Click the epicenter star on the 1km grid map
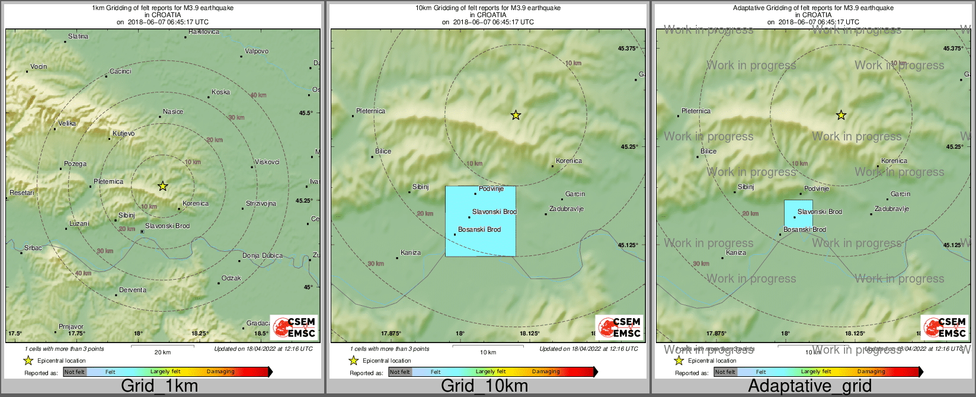click(x=163, y=186)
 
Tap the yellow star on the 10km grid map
click(x=516, y=115)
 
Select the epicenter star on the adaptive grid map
click(x=841, y=115)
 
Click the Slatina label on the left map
click(x=78, y=37)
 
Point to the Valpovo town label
click(x=257, y=52)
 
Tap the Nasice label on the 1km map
click(x=173, y=112)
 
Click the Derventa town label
click(x=133, y=290)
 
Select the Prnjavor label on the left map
click(x=71, y=326)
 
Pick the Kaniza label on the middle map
click(x=411, y=253)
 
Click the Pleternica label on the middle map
click(x=370, y=111)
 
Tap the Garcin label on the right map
click(x=900, y=194)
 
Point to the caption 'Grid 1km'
click(x=159, y=386)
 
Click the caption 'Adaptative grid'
click(x=809, y=386)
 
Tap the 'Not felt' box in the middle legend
click(x=400, y=372)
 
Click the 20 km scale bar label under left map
click(x=162, y=353)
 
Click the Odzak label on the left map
click(x=231, y=278)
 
